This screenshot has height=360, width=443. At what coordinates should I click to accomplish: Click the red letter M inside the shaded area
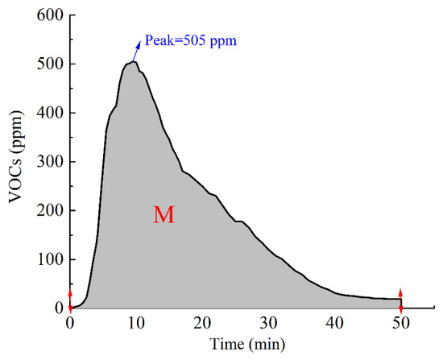164,215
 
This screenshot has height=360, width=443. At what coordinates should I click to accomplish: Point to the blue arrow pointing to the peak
137,50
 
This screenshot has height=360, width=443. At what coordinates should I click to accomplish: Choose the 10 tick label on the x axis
136,323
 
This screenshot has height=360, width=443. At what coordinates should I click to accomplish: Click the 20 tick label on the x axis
202,323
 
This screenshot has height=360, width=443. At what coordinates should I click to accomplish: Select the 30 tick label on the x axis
268,323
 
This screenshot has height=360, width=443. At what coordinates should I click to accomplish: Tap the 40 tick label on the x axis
335,323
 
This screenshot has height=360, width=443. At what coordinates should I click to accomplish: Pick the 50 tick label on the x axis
401,323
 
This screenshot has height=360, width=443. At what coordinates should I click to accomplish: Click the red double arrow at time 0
70,299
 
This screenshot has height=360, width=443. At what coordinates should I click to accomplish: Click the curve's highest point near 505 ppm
133,61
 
